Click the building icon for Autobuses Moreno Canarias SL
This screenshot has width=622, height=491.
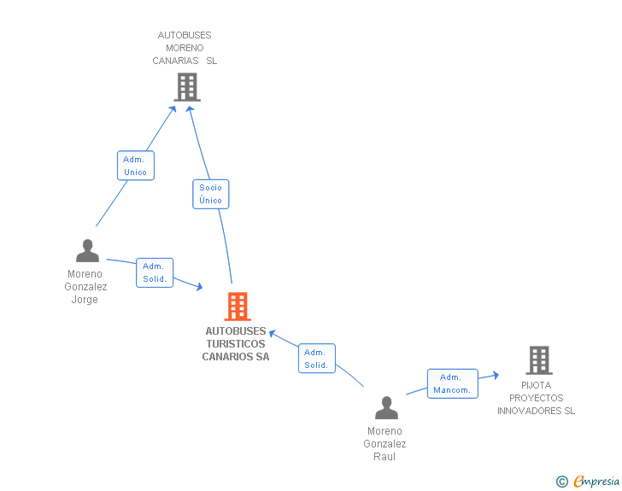point(187,86)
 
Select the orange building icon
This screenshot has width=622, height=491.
point(237,306)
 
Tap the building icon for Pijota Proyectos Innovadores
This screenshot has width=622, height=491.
point(538,360)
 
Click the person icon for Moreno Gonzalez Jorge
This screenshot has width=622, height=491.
point(87,251)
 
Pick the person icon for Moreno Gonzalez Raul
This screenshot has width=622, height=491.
point(386,408)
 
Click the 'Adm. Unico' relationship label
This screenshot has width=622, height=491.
point(135,166)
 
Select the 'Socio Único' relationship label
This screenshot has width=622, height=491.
point(210,194)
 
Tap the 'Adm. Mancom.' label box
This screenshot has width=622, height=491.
point(452,383)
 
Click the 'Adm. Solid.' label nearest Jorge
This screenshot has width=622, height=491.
point(155,272)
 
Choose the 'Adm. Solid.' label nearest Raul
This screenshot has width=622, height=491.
point(316,359)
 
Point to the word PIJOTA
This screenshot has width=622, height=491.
point(537,385)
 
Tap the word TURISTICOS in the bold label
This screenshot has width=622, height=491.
point(235,344)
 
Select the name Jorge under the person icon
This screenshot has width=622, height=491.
point(85,300)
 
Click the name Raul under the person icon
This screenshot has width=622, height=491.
point(384,457)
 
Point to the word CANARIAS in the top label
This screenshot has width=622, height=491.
point(176,61)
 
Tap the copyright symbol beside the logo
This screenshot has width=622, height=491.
point(562,482)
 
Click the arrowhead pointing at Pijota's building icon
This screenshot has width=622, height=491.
point(495,374)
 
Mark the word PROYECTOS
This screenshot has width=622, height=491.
point(536,398)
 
